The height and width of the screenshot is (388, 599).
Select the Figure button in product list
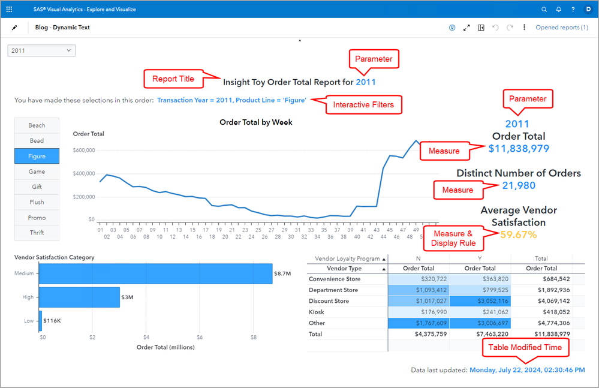click(x=37, y=156)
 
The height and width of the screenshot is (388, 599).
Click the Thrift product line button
click(x=37, y=233)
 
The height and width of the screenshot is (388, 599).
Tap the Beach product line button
click(x=37, y=125)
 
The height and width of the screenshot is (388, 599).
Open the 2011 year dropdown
click(x=41, y=51)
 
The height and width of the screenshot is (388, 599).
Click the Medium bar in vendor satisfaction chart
click(x=156, y=273)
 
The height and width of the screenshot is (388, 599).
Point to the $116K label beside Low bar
click(x=52, y=321)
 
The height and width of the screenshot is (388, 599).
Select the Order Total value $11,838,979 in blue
click(x=519, y=149)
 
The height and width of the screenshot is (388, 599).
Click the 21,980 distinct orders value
click(x=519, y=186)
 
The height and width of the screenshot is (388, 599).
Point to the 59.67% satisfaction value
click(x=519, y=234)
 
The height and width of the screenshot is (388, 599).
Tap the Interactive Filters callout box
click(x=363, y=105)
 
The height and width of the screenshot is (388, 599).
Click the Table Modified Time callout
click(x=525, y=347)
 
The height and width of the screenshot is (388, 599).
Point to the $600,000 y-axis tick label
click(x=84, y=151)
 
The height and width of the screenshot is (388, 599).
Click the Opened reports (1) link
click(x=561, y=28)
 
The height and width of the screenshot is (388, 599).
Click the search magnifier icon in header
click(x=544, y=10)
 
